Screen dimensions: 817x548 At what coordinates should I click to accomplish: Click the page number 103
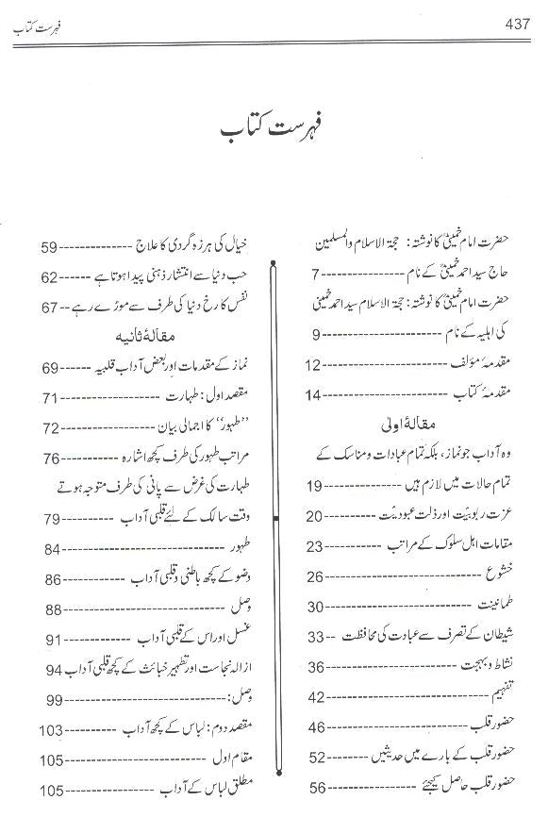[53, 730]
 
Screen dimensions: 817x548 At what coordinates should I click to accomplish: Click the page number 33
[315, 635]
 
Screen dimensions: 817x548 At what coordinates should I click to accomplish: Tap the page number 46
[315, 726]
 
